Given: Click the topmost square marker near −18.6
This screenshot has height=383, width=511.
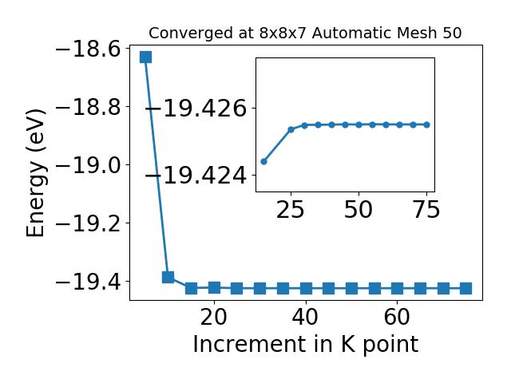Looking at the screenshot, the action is pyautogui.click(x=145, y=57).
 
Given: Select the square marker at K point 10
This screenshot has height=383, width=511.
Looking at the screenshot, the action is pyautogui.click(x=168, y=277).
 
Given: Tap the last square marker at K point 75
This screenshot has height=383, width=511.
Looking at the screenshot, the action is pyautogui.click(x=466, y=289).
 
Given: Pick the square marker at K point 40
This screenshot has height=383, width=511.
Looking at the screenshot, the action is pyautogui.click(x=306, y=289).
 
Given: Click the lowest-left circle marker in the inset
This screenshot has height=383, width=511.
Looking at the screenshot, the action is pyautogui.click(x=264, y=161).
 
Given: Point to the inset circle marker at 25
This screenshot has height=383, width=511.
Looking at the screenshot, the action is pyautogui.click(x=291, y=129).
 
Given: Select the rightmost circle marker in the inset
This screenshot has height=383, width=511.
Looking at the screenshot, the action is pyautogui.click(x=427, y=124).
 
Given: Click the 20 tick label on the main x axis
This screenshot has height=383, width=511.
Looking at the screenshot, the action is pyautogui.click(x=214, y=317).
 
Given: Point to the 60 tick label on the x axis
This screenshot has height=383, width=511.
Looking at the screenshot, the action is pyautogui.click(x=397, y=317).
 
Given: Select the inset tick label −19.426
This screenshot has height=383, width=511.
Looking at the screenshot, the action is pyautogui.click(x=196, y=109).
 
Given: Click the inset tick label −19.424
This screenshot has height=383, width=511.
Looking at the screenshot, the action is pyautogui.click(x=196, y=176).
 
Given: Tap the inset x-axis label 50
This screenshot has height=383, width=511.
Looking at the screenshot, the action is pyautogui.click(x=358, y=209).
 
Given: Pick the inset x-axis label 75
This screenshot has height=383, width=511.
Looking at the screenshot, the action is pyautogui.click(x=426, y=209).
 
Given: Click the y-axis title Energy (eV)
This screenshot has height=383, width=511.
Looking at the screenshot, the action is pyautogui.click(x=35, y=173).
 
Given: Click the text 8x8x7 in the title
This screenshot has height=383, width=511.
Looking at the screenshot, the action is pyautogui.click(x=283, y=33).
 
